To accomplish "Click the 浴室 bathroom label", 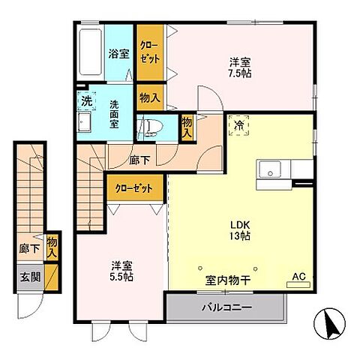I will coord(118,54).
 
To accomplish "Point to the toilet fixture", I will coord(150,127).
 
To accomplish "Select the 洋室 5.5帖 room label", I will coord(120,271).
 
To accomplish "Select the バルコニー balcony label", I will coord(226,307).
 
